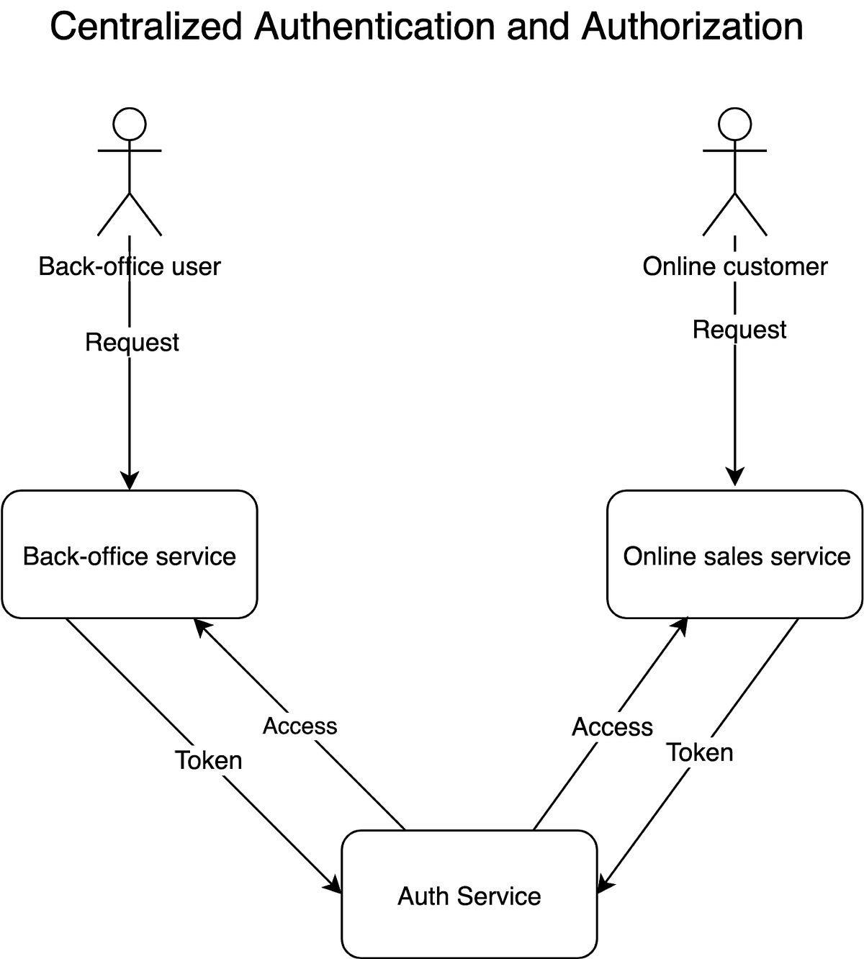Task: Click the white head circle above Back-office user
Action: [130, 124]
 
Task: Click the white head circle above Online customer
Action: [734, 124]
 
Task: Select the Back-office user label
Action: [130, 266]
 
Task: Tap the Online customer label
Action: [735, 266]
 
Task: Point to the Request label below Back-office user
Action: [132, 342]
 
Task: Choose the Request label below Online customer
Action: [739, 330]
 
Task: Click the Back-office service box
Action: [130, 554]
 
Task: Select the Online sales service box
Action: [735, 554]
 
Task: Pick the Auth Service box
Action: [469, 894]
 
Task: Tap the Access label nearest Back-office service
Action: [300, 726]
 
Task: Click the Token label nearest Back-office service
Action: [209, 760]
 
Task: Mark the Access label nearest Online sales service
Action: [612, 727]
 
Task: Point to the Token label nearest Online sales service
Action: [699, 752]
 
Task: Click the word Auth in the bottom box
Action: [423, 896]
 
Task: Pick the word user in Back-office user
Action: [196, 266]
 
